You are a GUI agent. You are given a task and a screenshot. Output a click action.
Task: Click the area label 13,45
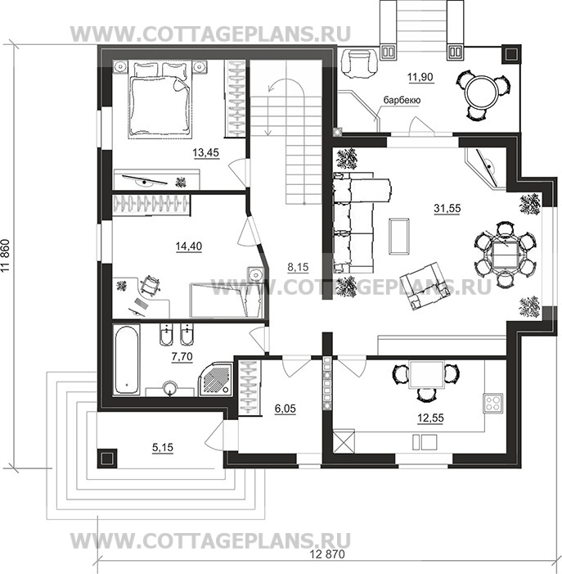click(206, 152)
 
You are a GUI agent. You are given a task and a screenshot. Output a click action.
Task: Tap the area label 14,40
click(189, 246)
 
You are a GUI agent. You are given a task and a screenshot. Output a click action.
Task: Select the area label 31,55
click(447, 208)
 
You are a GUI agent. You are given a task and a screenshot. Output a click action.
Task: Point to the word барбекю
click(402, 100)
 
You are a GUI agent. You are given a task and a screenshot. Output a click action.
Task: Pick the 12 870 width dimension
click(327, 554)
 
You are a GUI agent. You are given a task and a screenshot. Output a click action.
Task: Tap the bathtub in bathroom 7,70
click(126, 359)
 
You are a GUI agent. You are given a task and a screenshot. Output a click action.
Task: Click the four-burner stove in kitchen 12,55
click(493, 403)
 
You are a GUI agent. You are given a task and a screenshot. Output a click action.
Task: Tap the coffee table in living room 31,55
click(399, 236)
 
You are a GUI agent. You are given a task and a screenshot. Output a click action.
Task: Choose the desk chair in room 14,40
click(150, 284)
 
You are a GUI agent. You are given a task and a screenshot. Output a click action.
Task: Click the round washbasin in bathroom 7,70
click(169, 387)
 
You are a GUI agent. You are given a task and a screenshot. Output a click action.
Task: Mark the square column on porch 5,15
click(107, 459)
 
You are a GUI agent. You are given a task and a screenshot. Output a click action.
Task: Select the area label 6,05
click(285, 409)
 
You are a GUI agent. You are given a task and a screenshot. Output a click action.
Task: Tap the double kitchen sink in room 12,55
click(425, 442)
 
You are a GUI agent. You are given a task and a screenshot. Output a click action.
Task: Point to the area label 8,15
click(298, 267)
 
